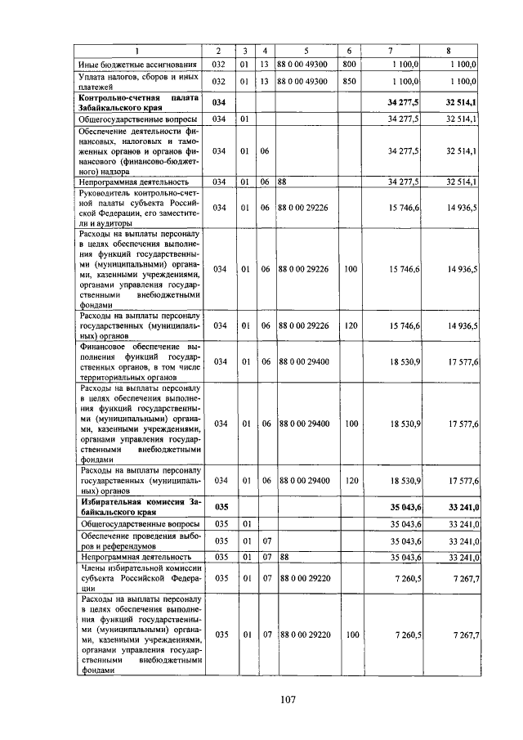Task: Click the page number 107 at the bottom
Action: [x=286, y=698]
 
